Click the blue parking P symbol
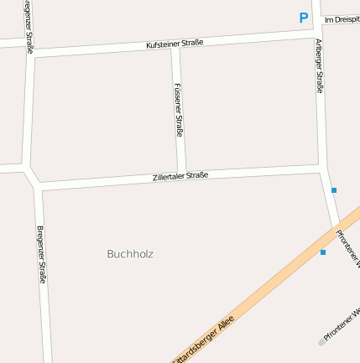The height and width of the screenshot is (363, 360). [304, 17]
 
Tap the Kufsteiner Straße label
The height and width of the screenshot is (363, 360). [175, 43]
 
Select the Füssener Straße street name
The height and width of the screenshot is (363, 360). [180, 109]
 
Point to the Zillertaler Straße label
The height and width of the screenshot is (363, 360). [180, 176]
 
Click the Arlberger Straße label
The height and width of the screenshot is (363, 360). [319, 65]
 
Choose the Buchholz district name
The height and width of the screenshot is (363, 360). [130, 253]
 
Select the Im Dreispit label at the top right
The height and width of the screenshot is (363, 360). [342, 19]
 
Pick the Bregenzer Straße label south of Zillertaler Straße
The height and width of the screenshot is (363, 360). [42, 254]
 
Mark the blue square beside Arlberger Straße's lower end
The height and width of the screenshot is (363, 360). [334, 190]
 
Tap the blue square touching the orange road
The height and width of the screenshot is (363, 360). [323, 252]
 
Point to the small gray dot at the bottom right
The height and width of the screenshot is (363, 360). [321, 342]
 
